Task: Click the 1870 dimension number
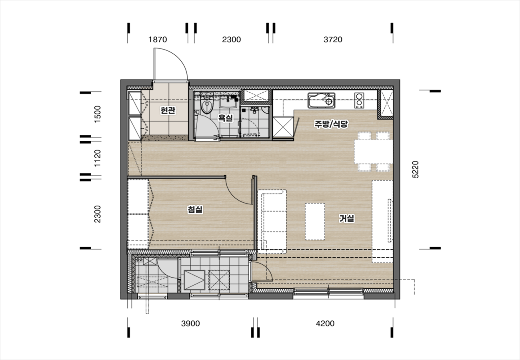[158, 40]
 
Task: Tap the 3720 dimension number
[333, 40]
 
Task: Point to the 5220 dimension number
[416, 170]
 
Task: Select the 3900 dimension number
[190, 323]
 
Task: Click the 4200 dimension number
[325, 323]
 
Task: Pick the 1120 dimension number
[98, 158]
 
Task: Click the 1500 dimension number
[98, 114]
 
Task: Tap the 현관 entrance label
[168, 110]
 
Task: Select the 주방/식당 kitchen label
[331, 124]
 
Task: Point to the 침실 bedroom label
[195, 210]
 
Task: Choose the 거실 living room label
[346, 218]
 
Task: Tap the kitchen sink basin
[321, 100]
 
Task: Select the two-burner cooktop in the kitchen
[359, 100]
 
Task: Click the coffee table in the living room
[315, 222]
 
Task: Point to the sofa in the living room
[272, 222]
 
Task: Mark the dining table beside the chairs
[374, 152]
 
